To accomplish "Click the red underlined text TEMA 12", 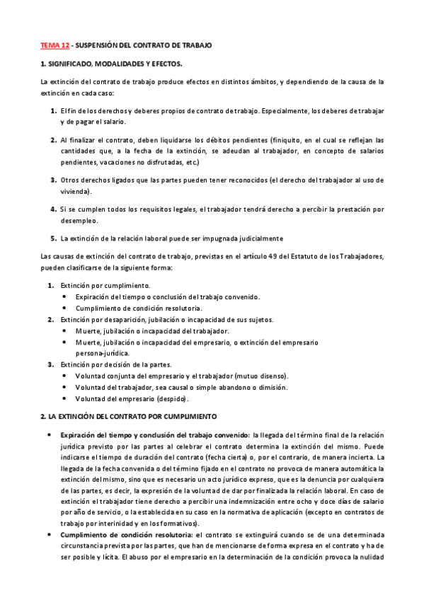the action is click(54, 46).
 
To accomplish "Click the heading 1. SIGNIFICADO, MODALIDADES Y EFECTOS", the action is click(110, 64).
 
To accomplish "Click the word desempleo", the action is click(79, 221).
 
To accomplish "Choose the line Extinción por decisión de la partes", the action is click(117, 364).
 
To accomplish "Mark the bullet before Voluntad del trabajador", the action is click(65, 387).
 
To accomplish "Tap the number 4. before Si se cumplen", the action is click(53, 209).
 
